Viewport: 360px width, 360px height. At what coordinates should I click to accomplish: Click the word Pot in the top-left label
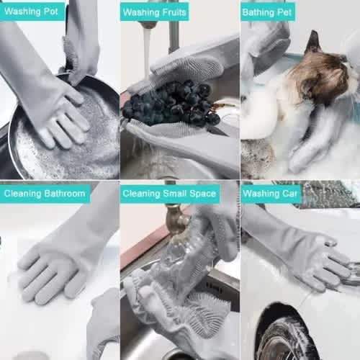[x=51, y=12]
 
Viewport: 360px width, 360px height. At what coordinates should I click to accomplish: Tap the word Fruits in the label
[x=174, y=12]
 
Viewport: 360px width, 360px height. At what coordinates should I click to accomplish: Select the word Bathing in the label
[x=258, y=12]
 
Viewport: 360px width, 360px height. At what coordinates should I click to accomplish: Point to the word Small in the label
[x=175, y=194]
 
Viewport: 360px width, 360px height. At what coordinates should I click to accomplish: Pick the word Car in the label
[x=290, y=193]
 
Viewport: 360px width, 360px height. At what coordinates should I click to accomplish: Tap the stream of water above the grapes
[x=147, y=52]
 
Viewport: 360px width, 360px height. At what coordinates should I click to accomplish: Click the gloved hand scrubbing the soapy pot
[x=60, y=115]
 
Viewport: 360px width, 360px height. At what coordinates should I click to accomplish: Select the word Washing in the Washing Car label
[x=261, y=194]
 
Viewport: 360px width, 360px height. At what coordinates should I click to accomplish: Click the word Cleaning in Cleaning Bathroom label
[x=23, y=194]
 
